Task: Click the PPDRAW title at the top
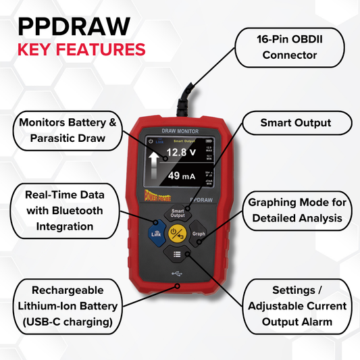point(73,26)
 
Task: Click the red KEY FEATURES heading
point(80,49)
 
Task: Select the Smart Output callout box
point(296,124)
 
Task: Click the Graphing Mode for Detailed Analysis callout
point(298,210)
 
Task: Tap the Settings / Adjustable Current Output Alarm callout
point(297,305)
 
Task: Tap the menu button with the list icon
point(176,255)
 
